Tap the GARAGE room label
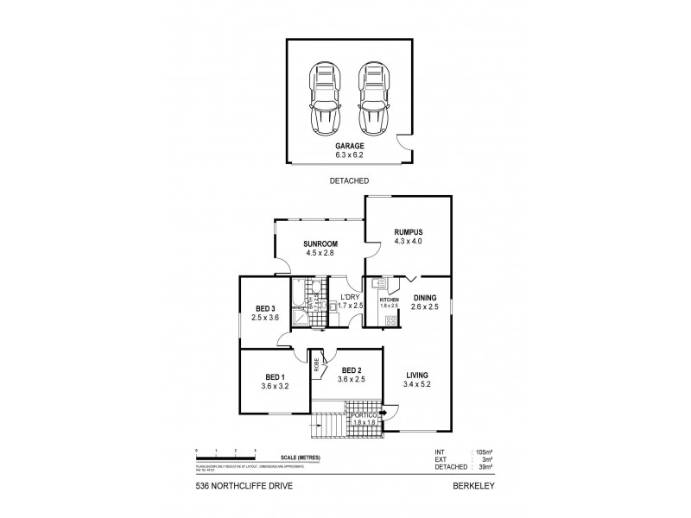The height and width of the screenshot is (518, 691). (x=349, y=148)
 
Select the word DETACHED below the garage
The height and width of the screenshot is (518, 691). (x=350, y=181)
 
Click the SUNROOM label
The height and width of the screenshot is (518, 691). (x=320, y=244)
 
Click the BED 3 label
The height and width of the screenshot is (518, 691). (x=266, y=308)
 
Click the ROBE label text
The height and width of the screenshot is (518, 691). (x=317, y=364)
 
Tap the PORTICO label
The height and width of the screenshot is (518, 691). (x=363, y=415)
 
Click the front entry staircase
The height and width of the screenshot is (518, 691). (x=326, y=426)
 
